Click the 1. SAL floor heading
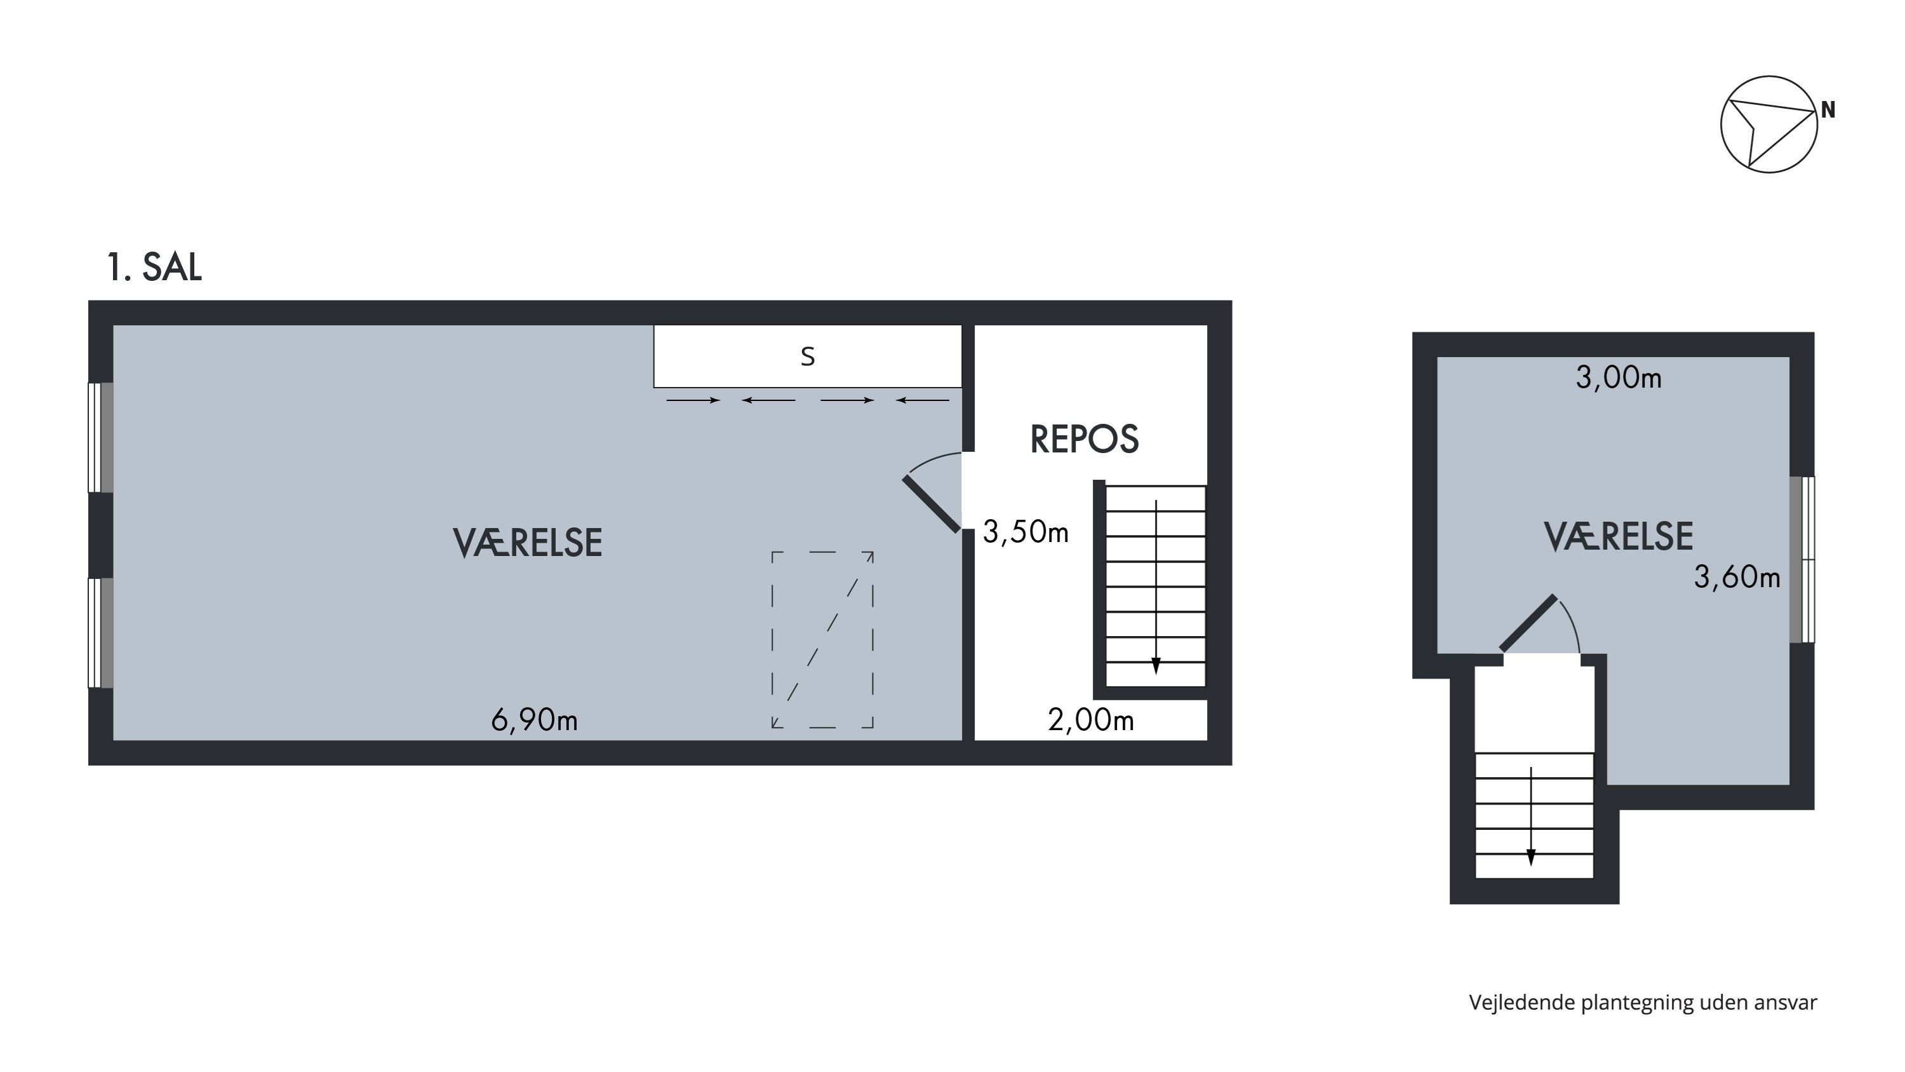click(154, 267)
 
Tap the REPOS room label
click(1084, 440)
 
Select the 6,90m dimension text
click(534, 720)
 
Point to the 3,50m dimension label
click(1025, 532)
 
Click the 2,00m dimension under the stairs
click(1091, 720)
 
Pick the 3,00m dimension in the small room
click(1618, 378)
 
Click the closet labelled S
click(808, 356)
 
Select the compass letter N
click(1828, 110)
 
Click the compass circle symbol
click(1769, 77)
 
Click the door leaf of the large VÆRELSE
click(931, 505)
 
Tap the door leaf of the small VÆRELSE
click(1528, 623)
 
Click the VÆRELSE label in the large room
click(527, 543)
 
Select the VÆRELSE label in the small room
click(1618, 537)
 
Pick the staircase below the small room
click(1534, 815)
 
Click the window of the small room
click(1801, 559)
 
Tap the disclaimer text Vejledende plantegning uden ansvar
click(1643, 1003)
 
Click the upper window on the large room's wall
click(100, 437)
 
